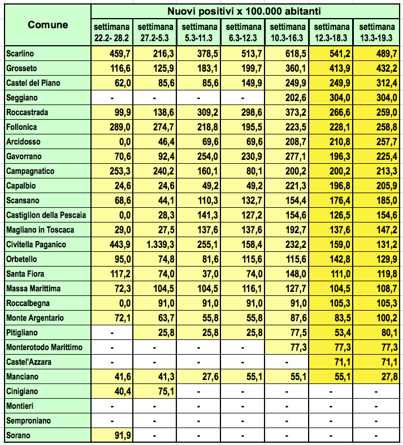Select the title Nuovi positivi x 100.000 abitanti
click(245, 11)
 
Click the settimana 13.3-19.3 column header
click(377, 32)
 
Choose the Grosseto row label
click(20, 68)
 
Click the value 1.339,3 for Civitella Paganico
click(157, 245)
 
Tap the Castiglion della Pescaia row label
click(46, 215)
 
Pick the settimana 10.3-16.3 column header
click(289, 32)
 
